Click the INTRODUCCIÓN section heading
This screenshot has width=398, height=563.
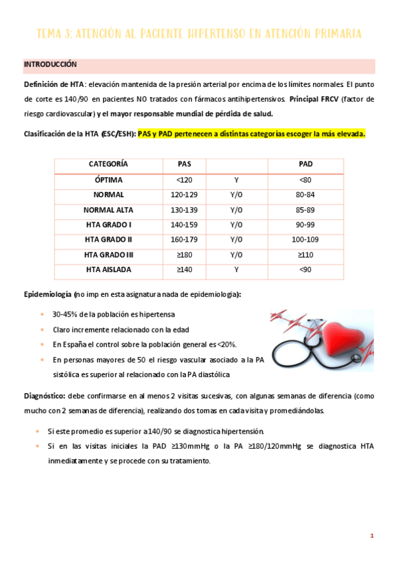(50, 64)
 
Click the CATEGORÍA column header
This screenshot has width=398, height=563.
(108, 164)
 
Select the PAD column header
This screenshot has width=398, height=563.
(306, 164)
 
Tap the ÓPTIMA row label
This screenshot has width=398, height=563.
(108, 180)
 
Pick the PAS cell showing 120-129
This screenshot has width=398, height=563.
(184, 195)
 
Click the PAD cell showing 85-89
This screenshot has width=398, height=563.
(306, 210)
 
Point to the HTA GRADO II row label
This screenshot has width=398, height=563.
(108, 240)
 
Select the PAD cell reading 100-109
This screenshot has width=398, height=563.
(306, 240)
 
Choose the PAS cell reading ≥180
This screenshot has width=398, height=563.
(184, 254)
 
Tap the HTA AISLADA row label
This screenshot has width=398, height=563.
(108, 270)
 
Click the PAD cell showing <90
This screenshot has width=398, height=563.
(306, 270)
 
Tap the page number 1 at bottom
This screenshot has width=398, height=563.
(372, 536)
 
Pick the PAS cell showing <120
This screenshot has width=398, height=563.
(184, 180)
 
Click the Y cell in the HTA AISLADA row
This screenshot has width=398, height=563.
(236, 270)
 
